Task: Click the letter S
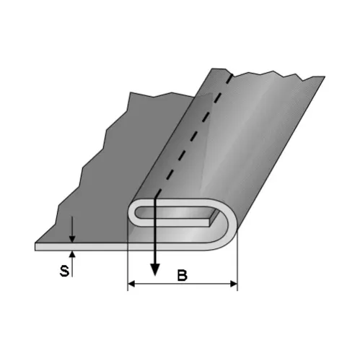coord(64,271)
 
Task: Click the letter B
coord(182,276)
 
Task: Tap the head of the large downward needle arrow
coord(155,269)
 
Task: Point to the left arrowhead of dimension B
coord(131,284)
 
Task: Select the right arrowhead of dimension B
coord(234,284)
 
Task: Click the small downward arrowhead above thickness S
coord(72,239)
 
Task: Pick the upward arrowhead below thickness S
coord(72,254)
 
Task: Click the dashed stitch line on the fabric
coord(193,135)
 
